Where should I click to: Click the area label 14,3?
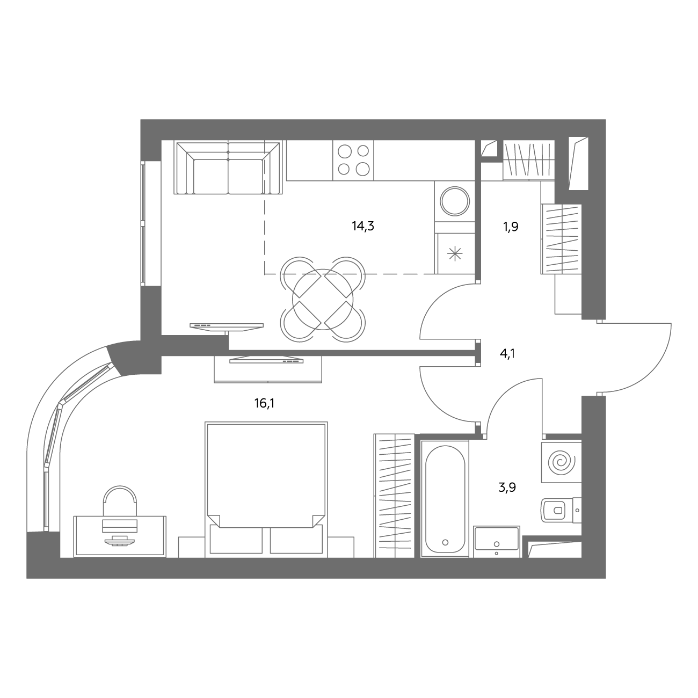(362, 227)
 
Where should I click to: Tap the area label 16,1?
(264, 403)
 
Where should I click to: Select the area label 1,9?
(511, 227)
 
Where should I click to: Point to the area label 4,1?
(507, 353)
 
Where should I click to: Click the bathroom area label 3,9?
(507, 488)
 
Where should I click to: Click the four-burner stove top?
(353, 160)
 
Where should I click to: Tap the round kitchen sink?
(455, 201)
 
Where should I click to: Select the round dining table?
(323, 300)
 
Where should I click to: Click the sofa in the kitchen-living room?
(228, 168)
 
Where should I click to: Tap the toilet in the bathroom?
(561, 510)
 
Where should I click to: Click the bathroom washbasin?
(497, 542)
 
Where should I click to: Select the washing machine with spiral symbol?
(562, 462)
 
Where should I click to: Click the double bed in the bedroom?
(266, 490)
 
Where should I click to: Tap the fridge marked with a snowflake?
(455, 253)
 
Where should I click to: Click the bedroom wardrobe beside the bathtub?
(394, 496)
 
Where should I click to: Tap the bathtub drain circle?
(445, 542)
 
